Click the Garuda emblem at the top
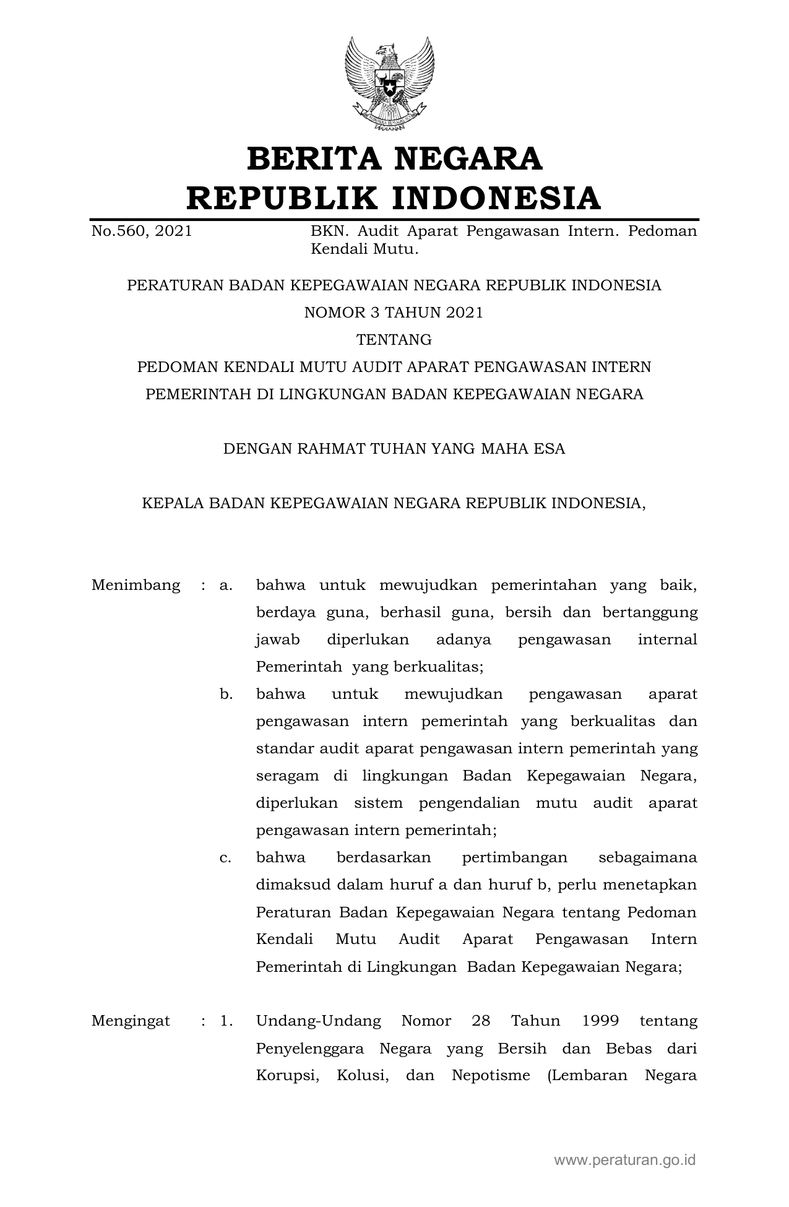click(389, 84)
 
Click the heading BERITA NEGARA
click(394, 158)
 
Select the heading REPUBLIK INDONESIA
click(394, 198)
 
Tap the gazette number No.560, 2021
click(142, 231)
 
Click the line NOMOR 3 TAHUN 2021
click(394, 313)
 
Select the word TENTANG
click(394, 340)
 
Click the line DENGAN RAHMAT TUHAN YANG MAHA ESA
click(394, 449)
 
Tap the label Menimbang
click(136, 585)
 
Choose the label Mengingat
click(131, 1021)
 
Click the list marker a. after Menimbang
click(226, 585)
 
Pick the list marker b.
click(226, 694)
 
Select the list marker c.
click(226, 857)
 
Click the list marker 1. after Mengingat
click(226, 1021)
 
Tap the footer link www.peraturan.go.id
click(625, 1159)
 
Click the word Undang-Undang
click(318, 1021)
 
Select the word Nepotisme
click(491, 1075)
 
